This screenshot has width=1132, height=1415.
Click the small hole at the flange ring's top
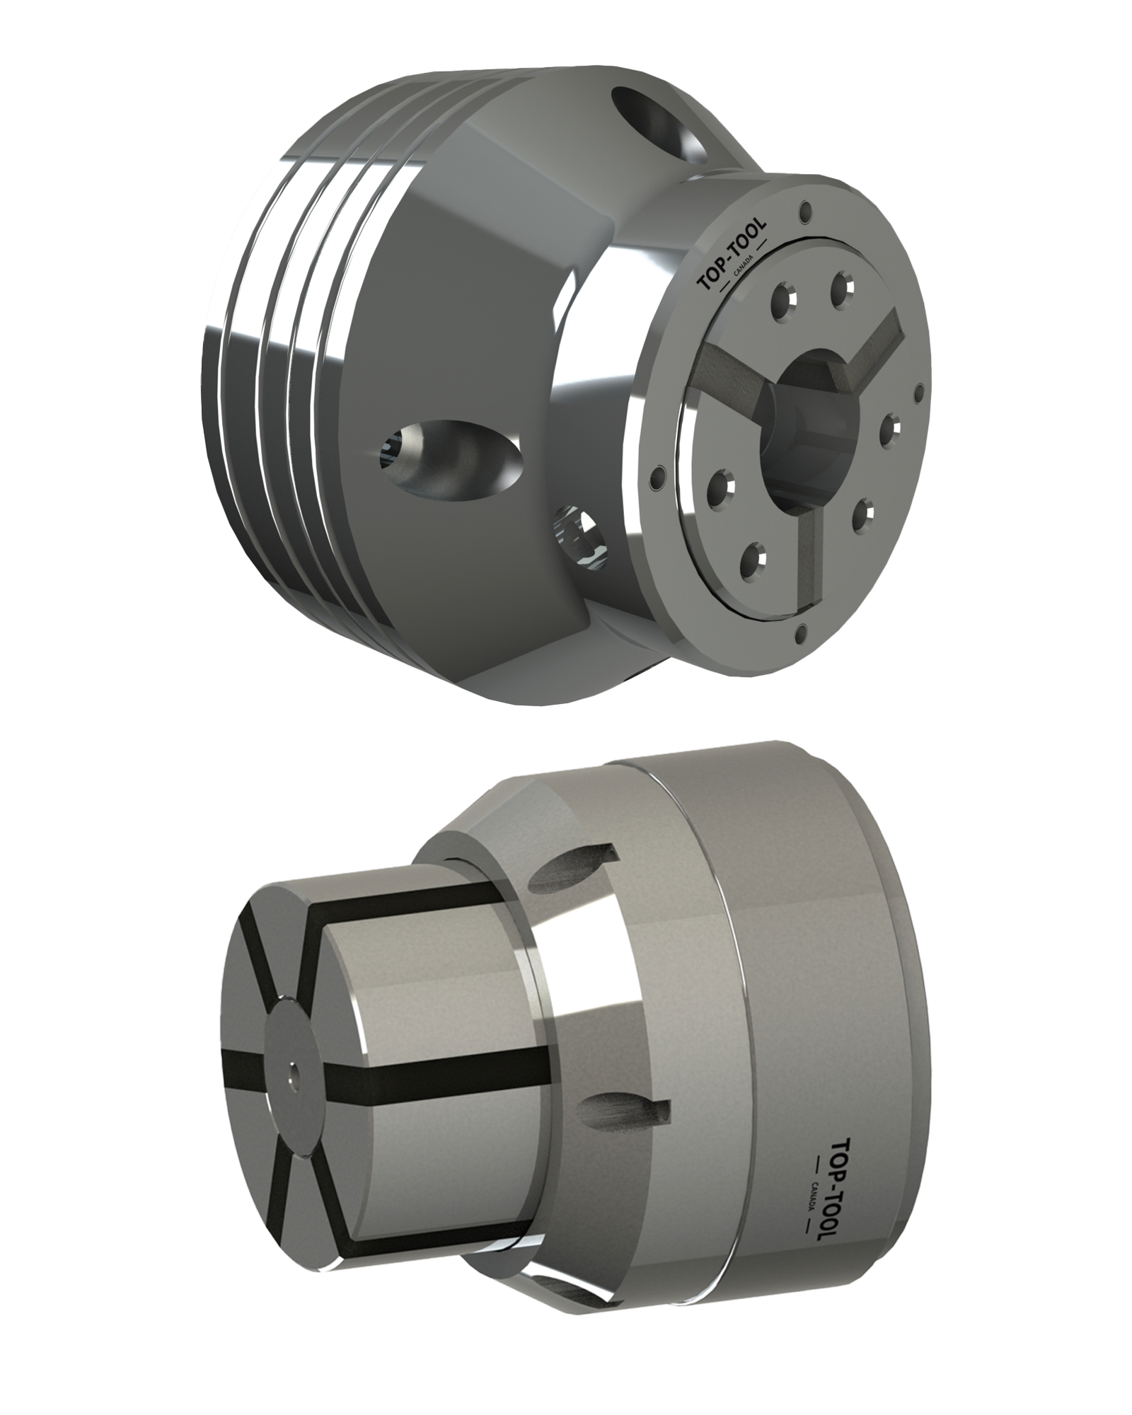[802, 210]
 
